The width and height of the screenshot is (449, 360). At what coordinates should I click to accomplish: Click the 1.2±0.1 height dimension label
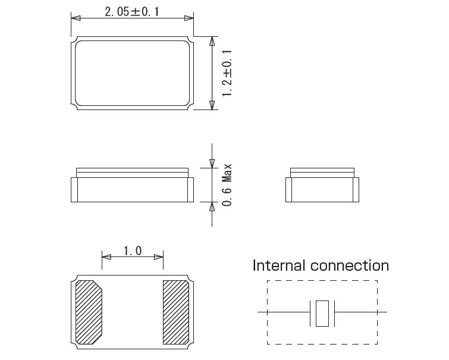coord(226,73)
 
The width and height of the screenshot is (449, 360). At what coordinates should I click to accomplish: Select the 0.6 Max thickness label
coord(227,185)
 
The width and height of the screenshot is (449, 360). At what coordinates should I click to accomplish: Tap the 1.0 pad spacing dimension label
coord(132,251)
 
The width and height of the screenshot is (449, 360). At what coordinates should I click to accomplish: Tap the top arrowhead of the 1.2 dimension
coord(212,41)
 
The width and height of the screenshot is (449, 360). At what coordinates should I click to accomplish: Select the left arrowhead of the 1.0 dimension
coord(106,257)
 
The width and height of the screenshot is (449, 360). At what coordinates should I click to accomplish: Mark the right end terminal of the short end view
coord(355,189)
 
